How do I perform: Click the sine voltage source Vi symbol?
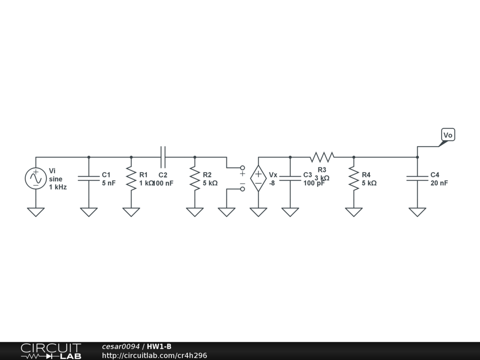(x=36, y=179)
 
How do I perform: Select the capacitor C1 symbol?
(x=89, y=179)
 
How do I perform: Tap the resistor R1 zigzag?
(x=131, y=179)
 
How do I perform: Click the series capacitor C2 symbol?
(x=163, y=157)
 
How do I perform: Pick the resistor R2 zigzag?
(x=195, y=179)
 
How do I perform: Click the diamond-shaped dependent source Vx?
(x=258, y=179)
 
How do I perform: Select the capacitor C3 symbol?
(x=290, y=179)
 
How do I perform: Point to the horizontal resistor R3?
(x=322, y=157)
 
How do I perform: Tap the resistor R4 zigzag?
(x=354, y=179)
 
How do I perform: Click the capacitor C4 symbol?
(x=417, y=179)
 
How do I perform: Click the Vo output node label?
(x=448, y=135)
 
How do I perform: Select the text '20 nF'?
(x=439, y=183)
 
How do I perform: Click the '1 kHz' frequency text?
(x=58, y=187)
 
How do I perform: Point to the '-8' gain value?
(x=272, y=183)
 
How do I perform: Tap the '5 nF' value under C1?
(x=109, y=183)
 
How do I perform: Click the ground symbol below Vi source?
(x=36, y=212)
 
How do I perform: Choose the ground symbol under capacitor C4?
(x=417, y=212)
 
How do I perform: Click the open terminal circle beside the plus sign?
(x=242, y=167)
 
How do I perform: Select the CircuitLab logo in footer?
(x=51, y=351)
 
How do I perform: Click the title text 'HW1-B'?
(x=159, y=346)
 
